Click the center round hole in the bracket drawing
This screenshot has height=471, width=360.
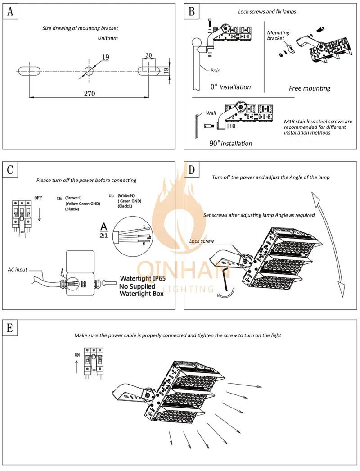89,70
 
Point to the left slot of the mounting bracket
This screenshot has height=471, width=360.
29,70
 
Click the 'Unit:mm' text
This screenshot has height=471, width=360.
108,38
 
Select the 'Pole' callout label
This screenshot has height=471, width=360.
215,71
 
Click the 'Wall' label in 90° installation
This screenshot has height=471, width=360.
211,113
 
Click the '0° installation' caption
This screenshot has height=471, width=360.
230,86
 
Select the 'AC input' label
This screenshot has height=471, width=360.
18,269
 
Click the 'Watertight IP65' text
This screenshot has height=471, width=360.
140,278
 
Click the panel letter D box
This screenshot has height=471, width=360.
192,170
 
